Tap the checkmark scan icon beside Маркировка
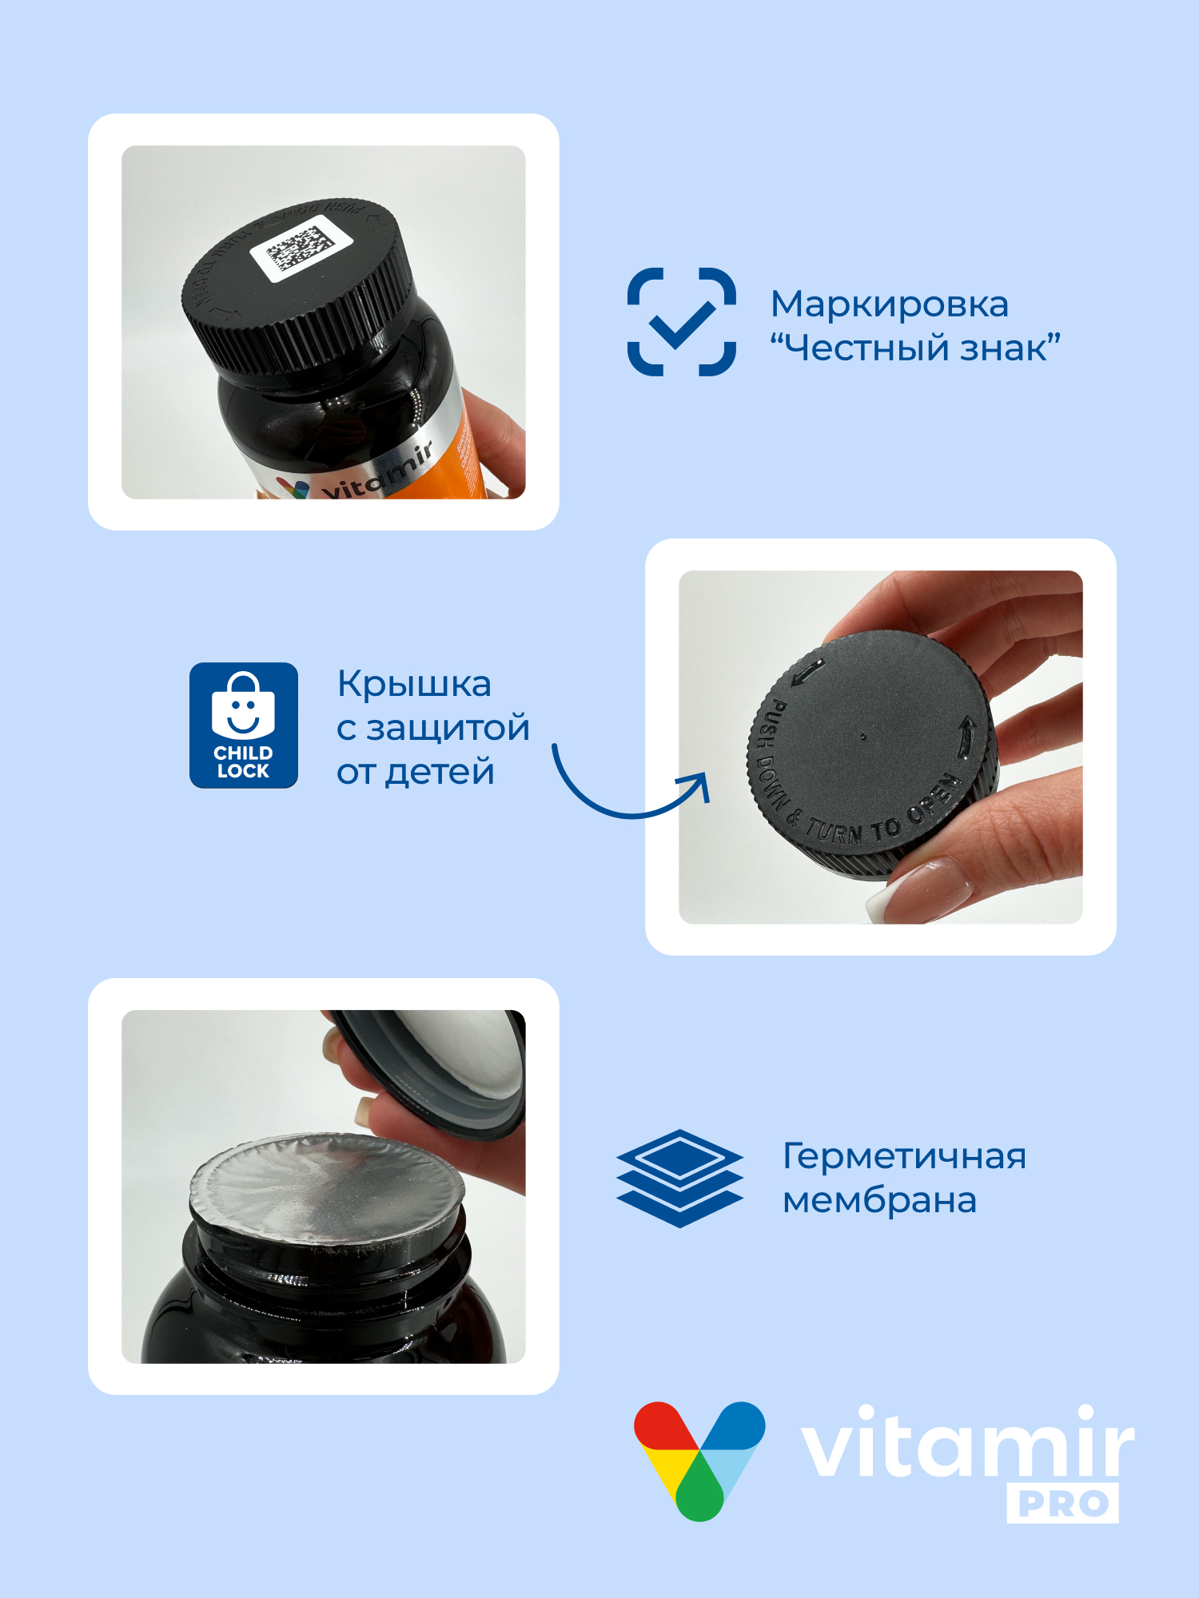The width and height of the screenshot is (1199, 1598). [x=682, y=322]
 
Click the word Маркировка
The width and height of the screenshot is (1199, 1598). [x=889, y=304]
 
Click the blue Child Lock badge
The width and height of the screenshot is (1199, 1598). [x=244, y=725]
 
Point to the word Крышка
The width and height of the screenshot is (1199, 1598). [x=414, y=685]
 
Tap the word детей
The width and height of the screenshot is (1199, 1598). [x=440, y=773]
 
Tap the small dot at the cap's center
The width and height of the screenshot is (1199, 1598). [x=862, y=737]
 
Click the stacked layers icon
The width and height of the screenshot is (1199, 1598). [x=679, y=1178]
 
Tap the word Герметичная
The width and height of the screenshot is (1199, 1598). [x=904, y=1157]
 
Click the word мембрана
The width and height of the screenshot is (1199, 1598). [x=879, y=1201]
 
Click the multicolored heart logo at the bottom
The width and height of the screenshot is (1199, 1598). [x=699, y=1458]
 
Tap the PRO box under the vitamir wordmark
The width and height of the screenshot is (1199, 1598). [x=1062, y=1504]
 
